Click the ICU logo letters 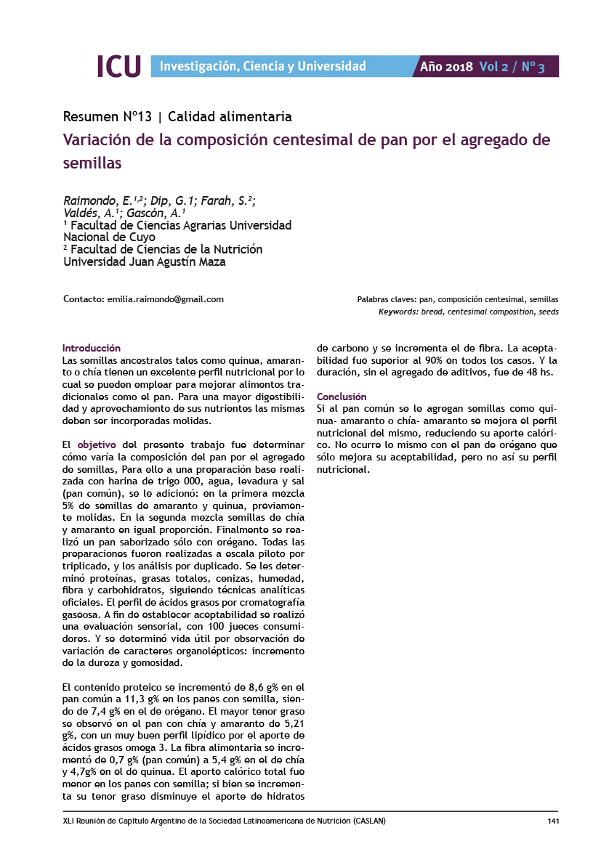(118, 66)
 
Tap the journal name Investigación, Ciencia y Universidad (262, 67)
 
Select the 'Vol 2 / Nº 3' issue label (512, 67)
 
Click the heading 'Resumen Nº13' (108, 116)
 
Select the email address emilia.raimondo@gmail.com (165, 299)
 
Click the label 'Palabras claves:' (386, 300)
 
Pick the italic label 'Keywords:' (398, 312)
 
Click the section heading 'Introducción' (92, 348)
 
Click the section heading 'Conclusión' (342, 397)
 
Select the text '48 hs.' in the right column (539, 372)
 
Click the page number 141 (552, 821)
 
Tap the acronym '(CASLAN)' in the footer (368, 821)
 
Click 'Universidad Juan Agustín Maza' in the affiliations (145, 262)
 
